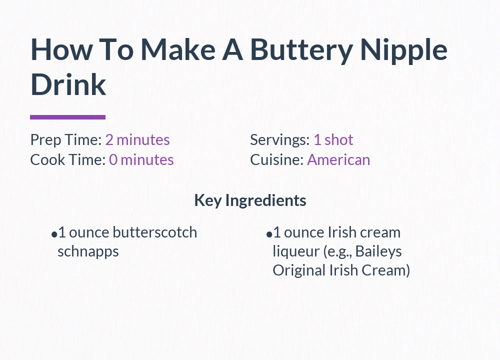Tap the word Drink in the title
[x=68, y=84]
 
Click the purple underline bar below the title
[x=67, y=117]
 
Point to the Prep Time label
[x=66, y=140]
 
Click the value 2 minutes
[x=137, y=140]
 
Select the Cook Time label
[x=67, y=160]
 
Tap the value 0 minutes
[x=141, y=160]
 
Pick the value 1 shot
[x=333, y=140]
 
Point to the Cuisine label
[x=277, y=160]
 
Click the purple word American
[x=338, y=160]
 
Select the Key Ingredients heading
[x=250, y=200]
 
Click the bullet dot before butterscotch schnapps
[x=54, y=234]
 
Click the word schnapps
[x=88, y=251]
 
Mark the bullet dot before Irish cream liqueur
[x=269, y=234]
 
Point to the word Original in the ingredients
[x=298, y=270]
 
